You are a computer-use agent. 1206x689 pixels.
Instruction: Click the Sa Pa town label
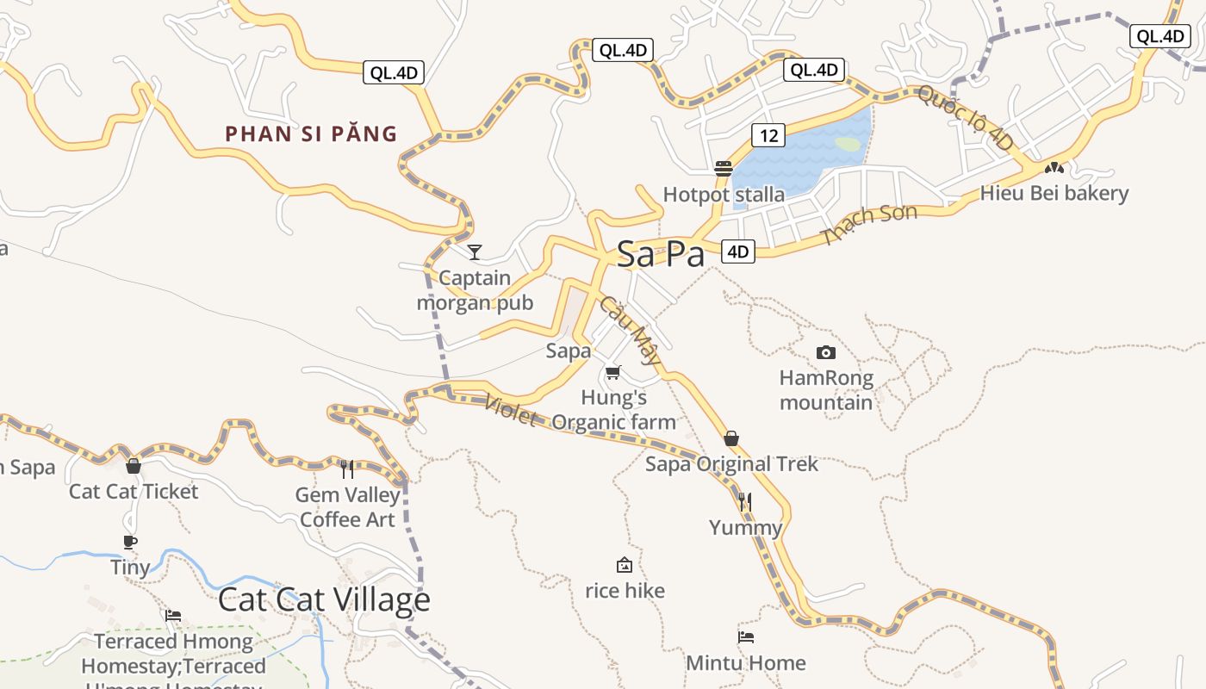tap(661, 254)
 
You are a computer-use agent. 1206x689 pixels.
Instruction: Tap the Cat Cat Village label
tap(323, 599)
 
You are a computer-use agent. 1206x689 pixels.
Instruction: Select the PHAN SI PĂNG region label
tap(311, 133)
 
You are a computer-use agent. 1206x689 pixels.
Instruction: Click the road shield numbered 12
tap(768, 135)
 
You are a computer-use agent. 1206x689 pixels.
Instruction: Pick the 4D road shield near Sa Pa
tap(738, 251)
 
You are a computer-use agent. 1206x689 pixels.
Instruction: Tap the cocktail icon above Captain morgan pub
tap(474, 251)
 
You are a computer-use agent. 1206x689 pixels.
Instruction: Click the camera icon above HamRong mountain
tap(825, 352)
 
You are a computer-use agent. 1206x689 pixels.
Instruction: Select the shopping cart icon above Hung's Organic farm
tap(612, 373)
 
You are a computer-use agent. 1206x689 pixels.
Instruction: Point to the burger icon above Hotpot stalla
tap(724, 168)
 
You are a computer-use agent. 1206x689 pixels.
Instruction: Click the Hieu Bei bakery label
tap(1054, 193)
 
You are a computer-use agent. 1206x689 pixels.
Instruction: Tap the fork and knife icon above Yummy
tap(745, 501)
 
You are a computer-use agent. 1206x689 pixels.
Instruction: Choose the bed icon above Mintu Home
tap(746, 637)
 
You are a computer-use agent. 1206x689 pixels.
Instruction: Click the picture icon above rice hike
tap(625, 565)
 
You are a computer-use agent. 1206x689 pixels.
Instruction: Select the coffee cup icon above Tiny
tap(130, 542)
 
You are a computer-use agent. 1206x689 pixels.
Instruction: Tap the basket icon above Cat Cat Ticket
tap(134, 466)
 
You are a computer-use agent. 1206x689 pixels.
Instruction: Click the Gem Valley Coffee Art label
tap(347, 507)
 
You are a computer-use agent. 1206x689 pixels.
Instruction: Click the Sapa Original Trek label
tap(731, 464)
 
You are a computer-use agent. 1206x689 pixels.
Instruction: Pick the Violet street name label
tap(511, 410)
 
